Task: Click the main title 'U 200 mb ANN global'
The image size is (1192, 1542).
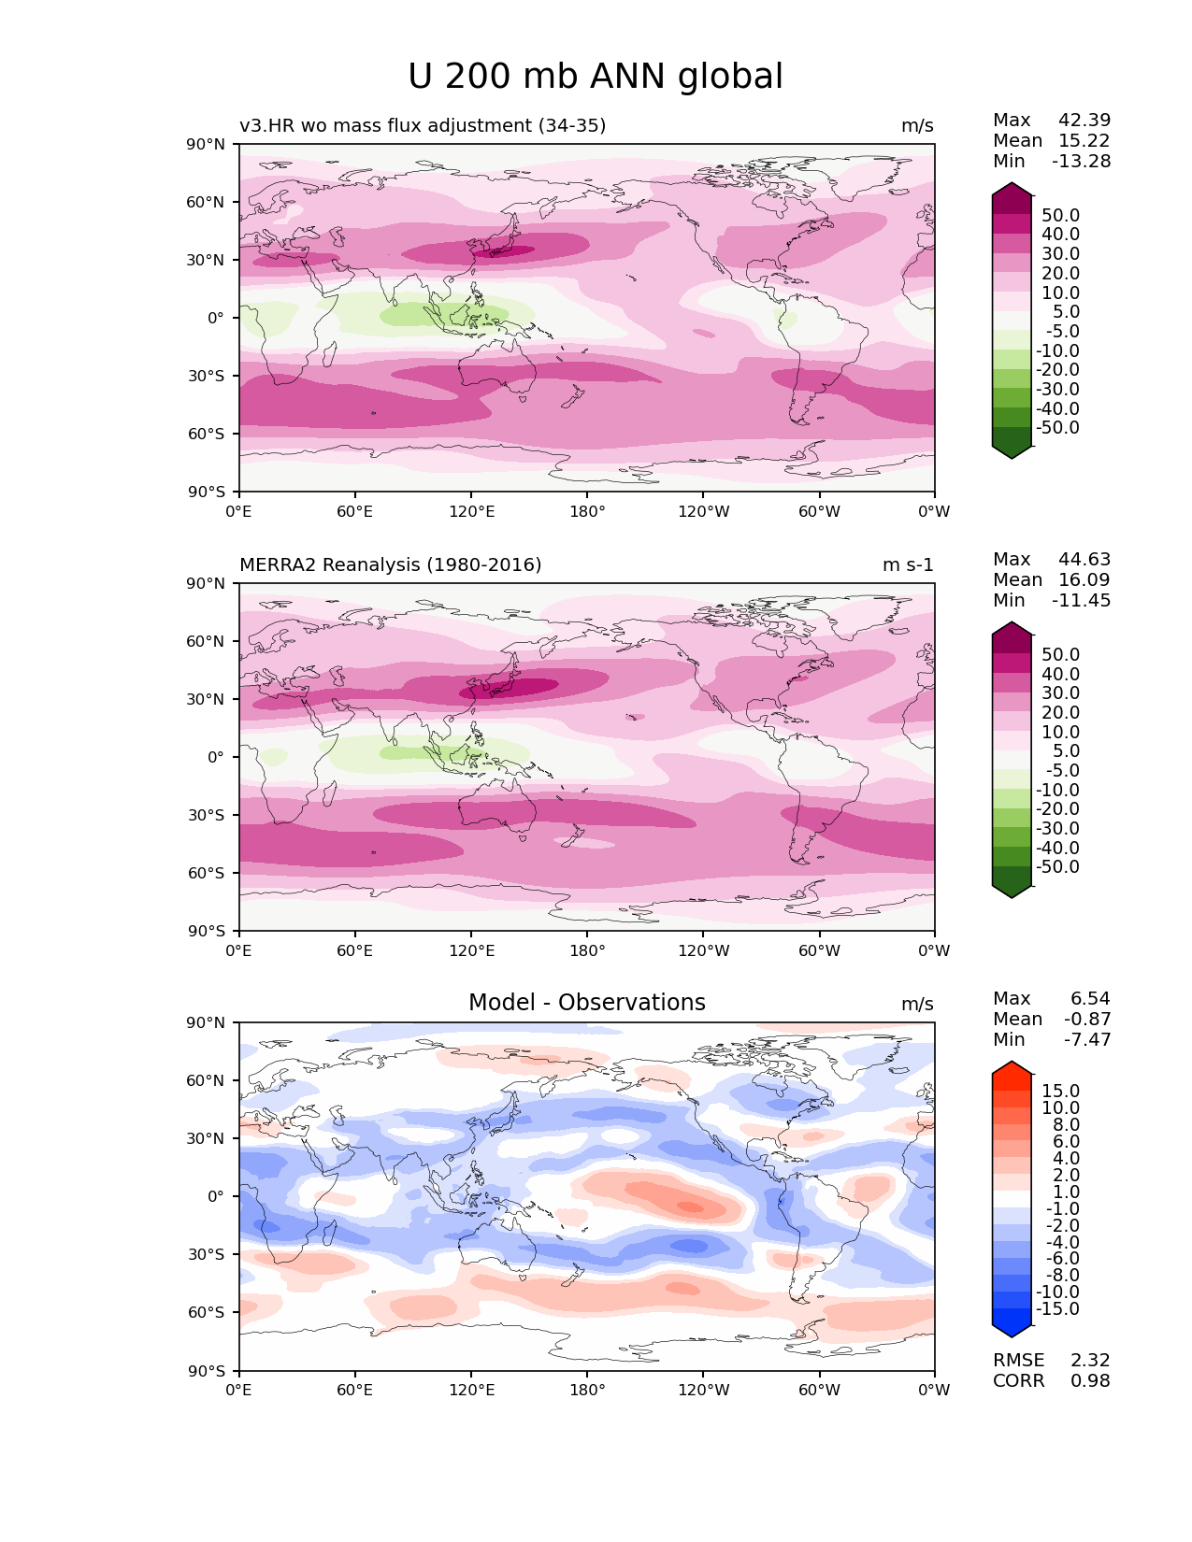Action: click(x=596, y=77)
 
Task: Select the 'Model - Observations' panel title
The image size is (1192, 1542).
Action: click(x=586, y=1003)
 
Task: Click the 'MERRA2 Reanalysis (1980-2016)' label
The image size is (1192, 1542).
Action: click(x=390, y=564)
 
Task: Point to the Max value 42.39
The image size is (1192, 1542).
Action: click(x=1084, y=120)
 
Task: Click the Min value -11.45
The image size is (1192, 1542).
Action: click(x=1082, y=600)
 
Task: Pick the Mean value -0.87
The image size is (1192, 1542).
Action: click(x=1087, y=1019)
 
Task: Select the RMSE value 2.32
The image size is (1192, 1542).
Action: click(x=1090, y=1360)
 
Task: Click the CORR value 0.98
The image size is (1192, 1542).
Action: click(x=1090, y=1380)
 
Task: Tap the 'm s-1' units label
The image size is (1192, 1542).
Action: click(x=908, y=564)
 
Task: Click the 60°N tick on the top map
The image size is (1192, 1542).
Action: click(x=208, y=202)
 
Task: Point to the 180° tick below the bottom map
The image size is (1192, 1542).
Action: click(x=587, y=1390)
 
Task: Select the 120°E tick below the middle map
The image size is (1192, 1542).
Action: click(x=471, y=950)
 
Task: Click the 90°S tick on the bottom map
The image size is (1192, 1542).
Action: click(x=208, y=1371)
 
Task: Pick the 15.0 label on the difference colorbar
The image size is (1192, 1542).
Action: click(x=1060, y=1091)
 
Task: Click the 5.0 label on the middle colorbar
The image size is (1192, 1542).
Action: click(x=1066, y=750)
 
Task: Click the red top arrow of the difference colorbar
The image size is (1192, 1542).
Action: click(x=1012, y=1069)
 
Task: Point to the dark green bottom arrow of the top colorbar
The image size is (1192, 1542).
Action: click(x=1012, y=451)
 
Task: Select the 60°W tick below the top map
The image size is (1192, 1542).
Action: click(x=819, y=511)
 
